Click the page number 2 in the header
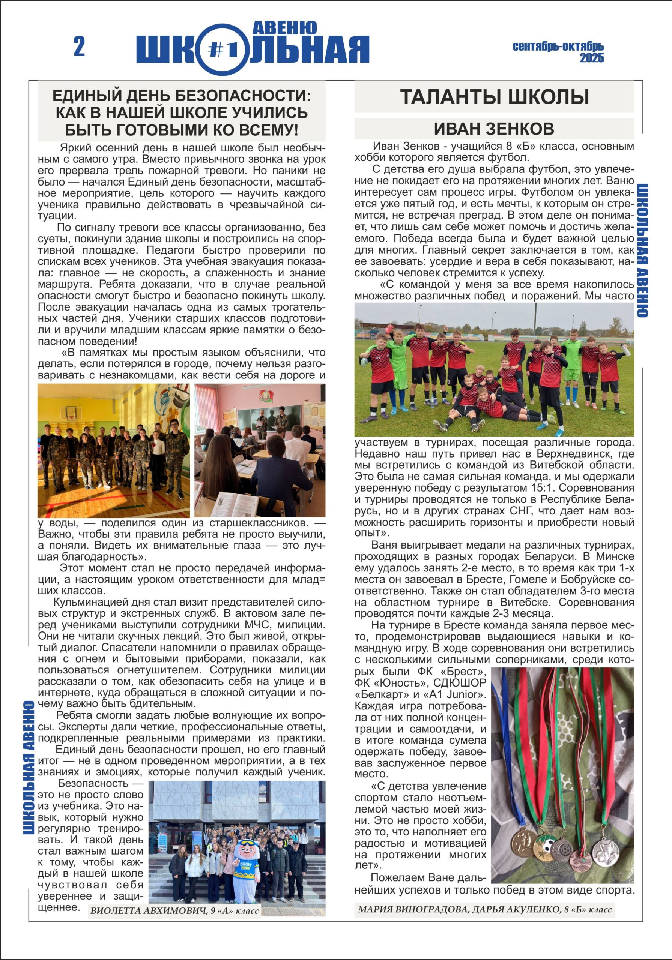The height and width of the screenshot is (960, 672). tap(79, 47)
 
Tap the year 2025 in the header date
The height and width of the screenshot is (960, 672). tap(592, 58)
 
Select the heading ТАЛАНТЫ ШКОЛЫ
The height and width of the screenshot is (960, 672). tap(494, 97)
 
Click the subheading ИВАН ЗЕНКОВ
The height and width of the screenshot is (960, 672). tap(494, 129)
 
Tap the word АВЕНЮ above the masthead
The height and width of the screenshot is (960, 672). tap(286, 28)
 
